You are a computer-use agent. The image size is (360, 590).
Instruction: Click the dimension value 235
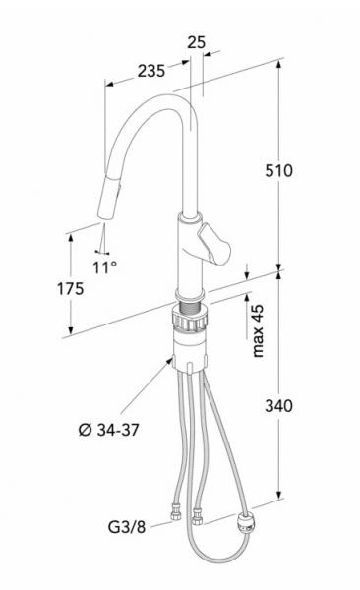151,71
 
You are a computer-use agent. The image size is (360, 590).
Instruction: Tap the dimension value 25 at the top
196,42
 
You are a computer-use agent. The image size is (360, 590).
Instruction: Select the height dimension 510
278,171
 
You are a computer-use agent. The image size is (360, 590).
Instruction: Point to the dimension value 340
278,406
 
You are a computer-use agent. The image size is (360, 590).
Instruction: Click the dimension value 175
70,289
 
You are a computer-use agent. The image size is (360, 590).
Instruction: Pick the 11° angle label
104,267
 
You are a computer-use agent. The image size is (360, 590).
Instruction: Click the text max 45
258,330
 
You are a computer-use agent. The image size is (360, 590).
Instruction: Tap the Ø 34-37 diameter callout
108,430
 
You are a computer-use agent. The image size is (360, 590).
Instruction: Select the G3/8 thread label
127,527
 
